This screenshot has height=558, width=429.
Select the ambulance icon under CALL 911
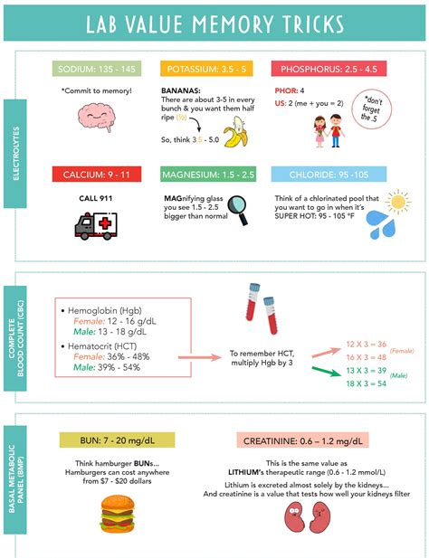tap(97, 223)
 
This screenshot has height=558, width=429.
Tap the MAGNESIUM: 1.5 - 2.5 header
tap(209, 174)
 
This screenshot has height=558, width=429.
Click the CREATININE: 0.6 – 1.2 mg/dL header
tap(305, 440)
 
